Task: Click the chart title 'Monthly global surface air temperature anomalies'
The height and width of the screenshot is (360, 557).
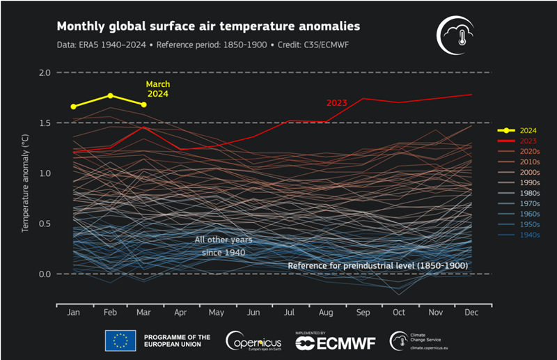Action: tap(207, 26)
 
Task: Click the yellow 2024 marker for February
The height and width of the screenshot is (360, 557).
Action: tap(110, 95)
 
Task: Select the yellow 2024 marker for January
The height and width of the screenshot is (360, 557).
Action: tap(74, 107)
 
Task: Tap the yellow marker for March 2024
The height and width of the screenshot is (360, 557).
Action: tap(143, 104)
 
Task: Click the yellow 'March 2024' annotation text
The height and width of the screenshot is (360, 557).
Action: tap(157, 88)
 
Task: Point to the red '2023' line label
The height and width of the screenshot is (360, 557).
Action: tap(337, 103)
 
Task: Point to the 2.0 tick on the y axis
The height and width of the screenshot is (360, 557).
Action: tap(44, 72)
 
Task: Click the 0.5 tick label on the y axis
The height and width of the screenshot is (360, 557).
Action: tap(44, 224)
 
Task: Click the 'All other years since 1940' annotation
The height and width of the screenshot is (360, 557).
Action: tap(223, 245)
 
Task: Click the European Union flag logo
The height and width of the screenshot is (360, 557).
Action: tap(120, 341)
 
